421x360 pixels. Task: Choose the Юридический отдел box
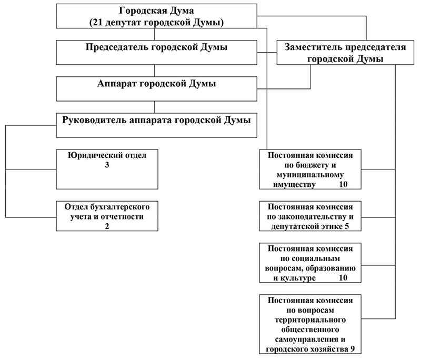[107, 169]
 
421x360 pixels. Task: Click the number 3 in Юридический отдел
[107, 165]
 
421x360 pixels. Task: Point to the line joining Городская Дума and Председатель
[155, 35]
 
